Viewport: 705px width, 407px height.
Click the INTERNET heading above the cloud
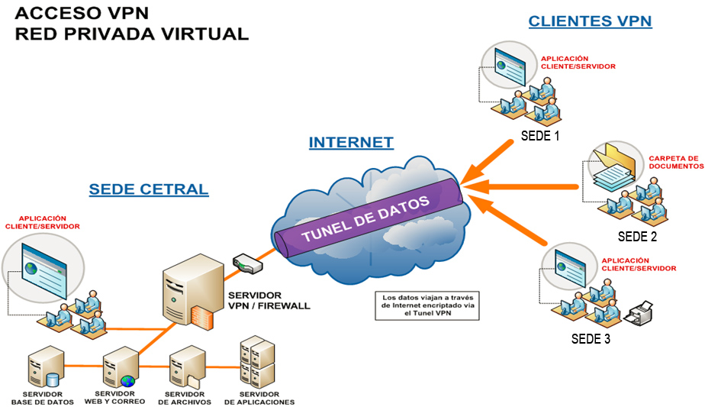click(x=351, y=142)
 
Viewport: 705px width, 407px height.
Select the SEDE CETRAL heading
click(x=148, y=189)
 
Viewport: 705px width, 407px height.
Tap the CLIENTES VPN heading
click(x=590, y=21)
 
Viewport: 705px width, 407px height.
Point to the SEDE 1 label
click(x=539, y=137)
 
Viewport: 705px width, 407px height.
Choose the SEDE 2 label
click(x=637, y=236)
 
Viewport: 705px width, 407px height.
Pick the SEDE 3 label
click(x=591, y=338)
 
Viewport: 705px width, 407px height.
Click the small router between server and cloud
click(x=247, y=263)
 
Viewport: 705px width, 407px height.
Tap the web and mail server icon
click(x=119, y=367)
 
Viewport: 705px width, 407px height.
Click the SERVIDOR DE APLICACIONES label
click(x=259, y=398)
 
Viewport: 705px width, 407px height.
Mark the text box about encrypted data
click(x=427, y=304)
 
